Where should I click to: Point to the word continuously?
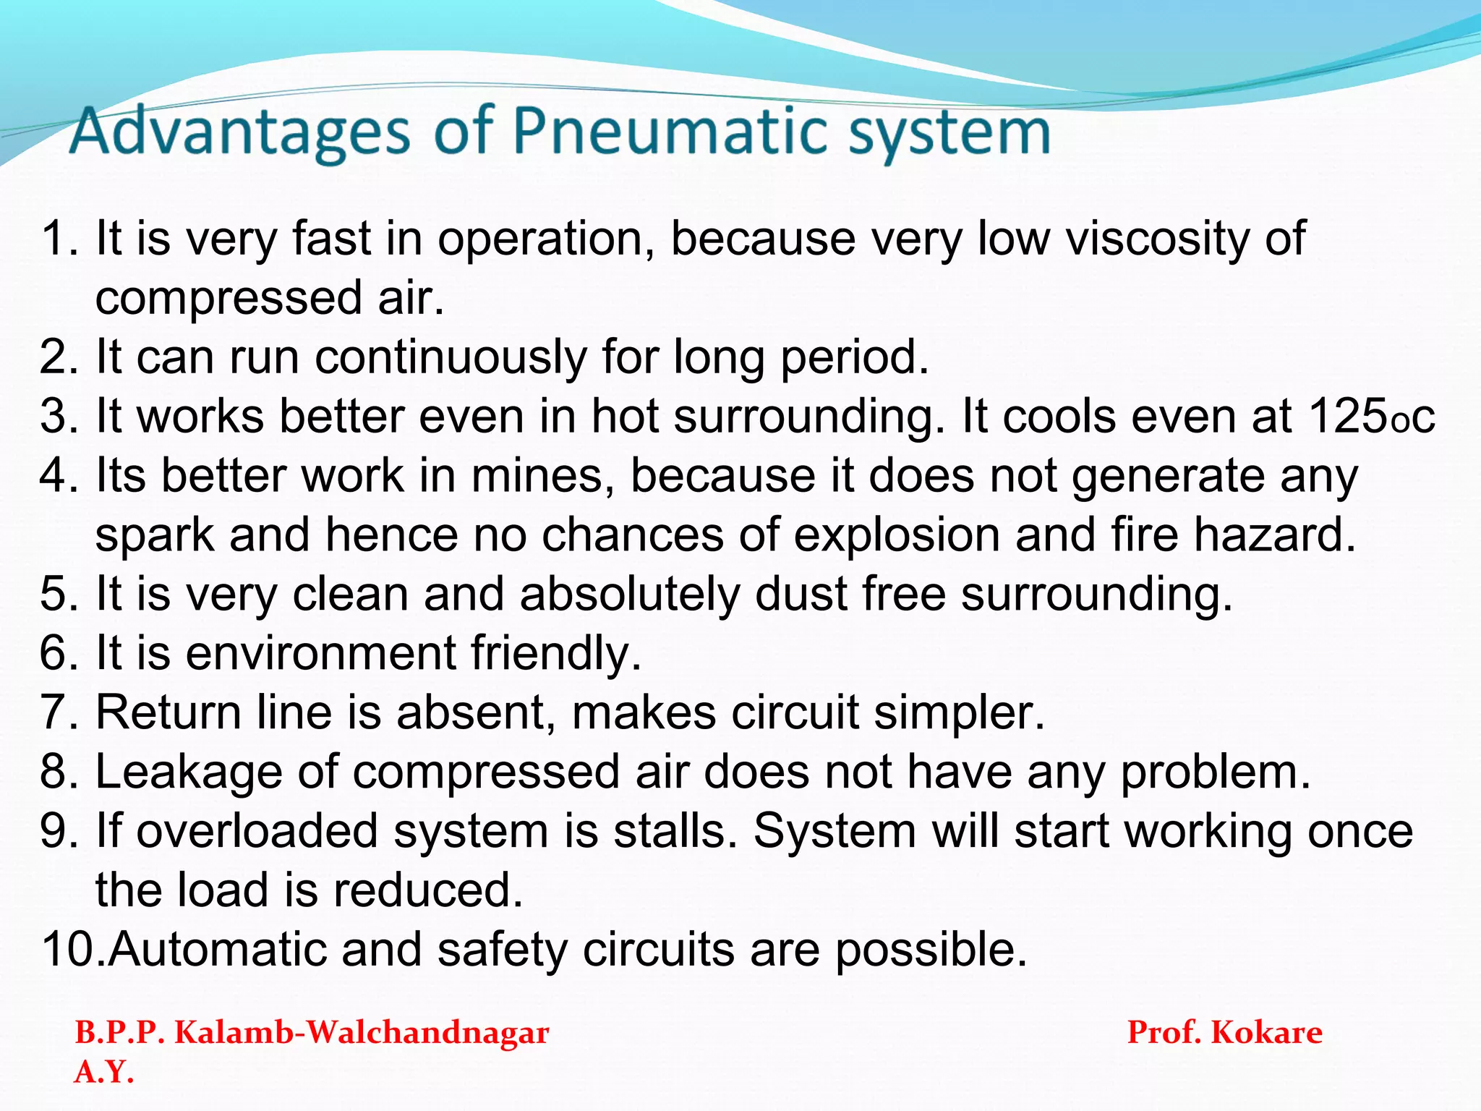[451, 358]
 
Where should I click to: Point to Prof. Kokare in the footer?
[1224, 1032]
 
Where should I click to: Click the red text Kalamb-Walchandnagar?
[362, 1032]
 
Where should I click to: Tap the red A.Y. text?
[104, 1071]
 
